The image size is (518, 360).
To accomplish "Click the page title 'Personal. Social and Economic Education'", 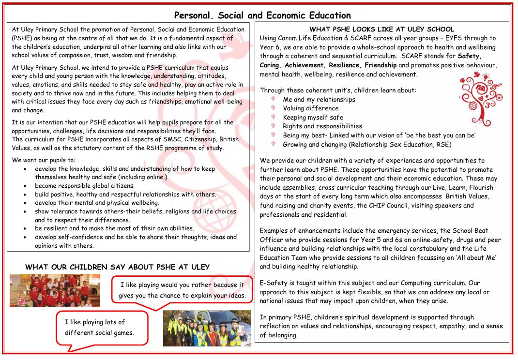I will click(x=262, y=15).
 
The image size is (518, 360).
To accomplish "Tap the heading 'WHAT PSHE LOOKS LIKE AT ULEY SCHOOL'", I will click(x=381, y=30).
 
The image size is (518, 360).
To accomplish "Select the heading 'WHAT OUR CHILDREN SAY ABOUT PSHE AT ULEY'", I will click(x=117, y=267).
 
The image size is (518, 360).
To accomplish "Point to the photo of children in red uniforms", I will click(x=55, y=290).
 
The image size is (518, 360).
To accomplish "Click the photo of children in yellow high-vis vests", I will click(x=207, y=328).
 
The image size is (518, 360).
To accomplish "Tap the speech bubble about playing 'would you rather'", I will click(x=182, y=290).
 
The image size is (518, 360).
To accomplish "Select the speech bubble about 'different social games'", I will click(x=101, y=328).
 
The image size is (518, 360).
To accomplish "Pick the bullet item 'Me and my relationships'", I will click(x=319, y=99).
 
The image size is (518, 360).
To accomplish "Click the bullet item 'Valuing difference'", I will click(x=310, y=108).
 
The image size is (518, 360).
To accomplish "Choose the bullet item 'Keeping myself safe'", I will click(x=313, y=117).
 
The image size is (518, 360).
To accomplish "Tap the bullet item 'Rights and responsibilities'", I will click(x=322, y=126).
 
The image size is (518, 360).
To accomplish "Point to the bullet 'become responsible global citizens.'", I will click(x=85, y=186).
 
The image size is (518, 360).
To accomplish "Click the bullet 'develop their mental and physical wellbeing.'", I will click(x=97, y=203).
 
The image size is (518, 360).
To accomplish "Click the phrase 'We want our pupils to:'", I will click(x=44, y=160).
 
